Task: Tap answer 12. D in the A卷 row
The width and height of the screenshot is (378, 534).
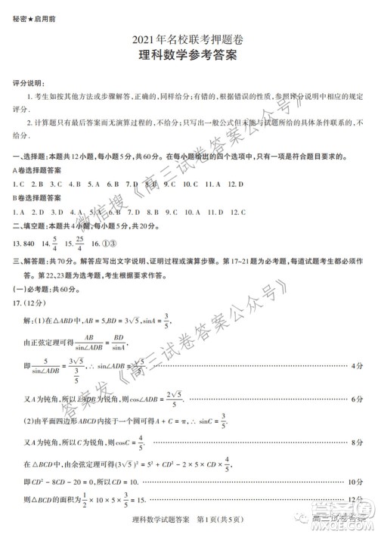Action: tap(236, 184)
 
